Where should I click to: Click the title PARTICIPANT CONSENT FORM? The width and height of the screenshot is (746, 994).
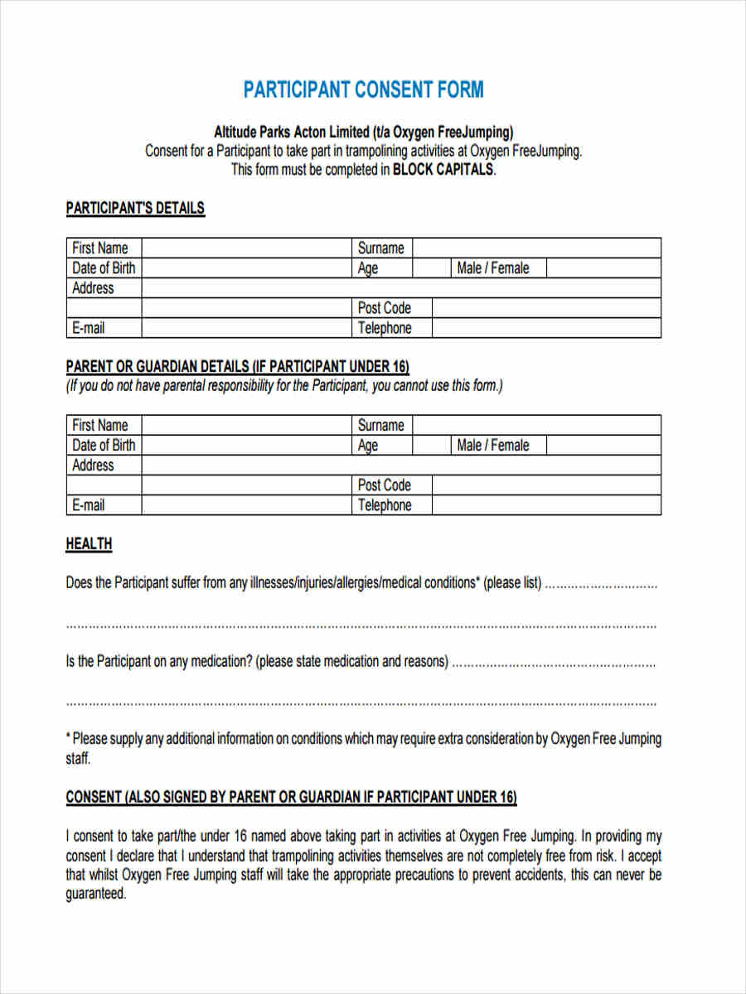point(363,89)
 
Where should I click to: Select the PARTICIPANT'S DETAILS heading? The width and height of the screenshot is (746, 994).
point(135,208)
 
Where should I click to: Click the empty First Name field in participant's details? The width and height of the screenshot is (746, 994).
point(246,248)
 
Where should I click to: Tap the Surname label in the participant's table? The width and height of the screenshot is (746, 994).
point(380,248)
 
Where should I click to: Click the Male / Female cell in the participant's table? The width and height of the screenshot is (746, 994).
point(492,268)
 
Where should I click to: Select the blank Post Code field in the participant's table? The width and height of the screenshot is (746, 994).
point(545,308)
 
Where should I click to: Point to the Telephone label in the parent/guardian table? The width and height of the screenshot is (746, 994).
point(384,505)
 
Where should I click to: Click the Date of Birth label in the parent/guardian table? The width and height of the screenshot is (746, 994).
point(103,445)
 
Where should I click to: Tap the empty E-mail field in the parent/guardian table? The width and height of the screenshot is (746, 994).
point(246,505)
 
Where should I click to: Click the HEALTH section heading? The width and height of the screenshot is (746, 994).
point(89,544)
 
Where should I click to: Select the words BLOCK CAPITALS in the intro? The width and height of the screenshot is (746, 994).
point(443,170)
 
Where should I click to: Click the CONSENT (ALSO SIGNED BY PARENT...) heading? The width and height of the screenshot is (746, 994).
point(291,797)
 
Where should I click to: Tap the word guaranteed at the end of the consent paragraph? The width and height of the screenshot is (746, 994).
point(95,894)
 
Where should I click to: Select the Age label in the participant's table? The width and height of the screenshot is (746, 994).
point(367,268)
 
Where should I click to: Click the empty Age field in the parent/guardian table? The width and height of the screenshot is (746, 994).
point(431,445)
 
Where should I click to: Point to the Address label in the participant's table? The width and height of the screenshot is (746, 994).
point(93,287)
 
